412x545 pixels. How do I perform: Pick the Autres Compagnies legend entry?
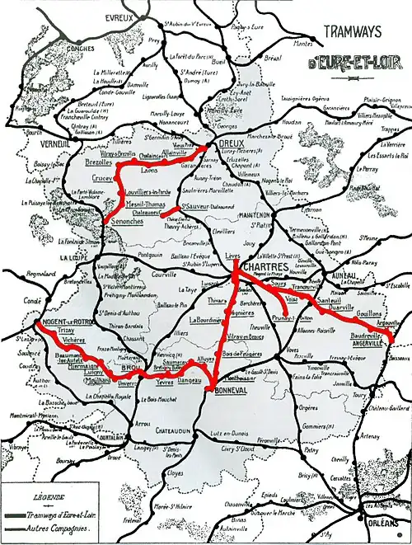(x=61, y=525)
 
